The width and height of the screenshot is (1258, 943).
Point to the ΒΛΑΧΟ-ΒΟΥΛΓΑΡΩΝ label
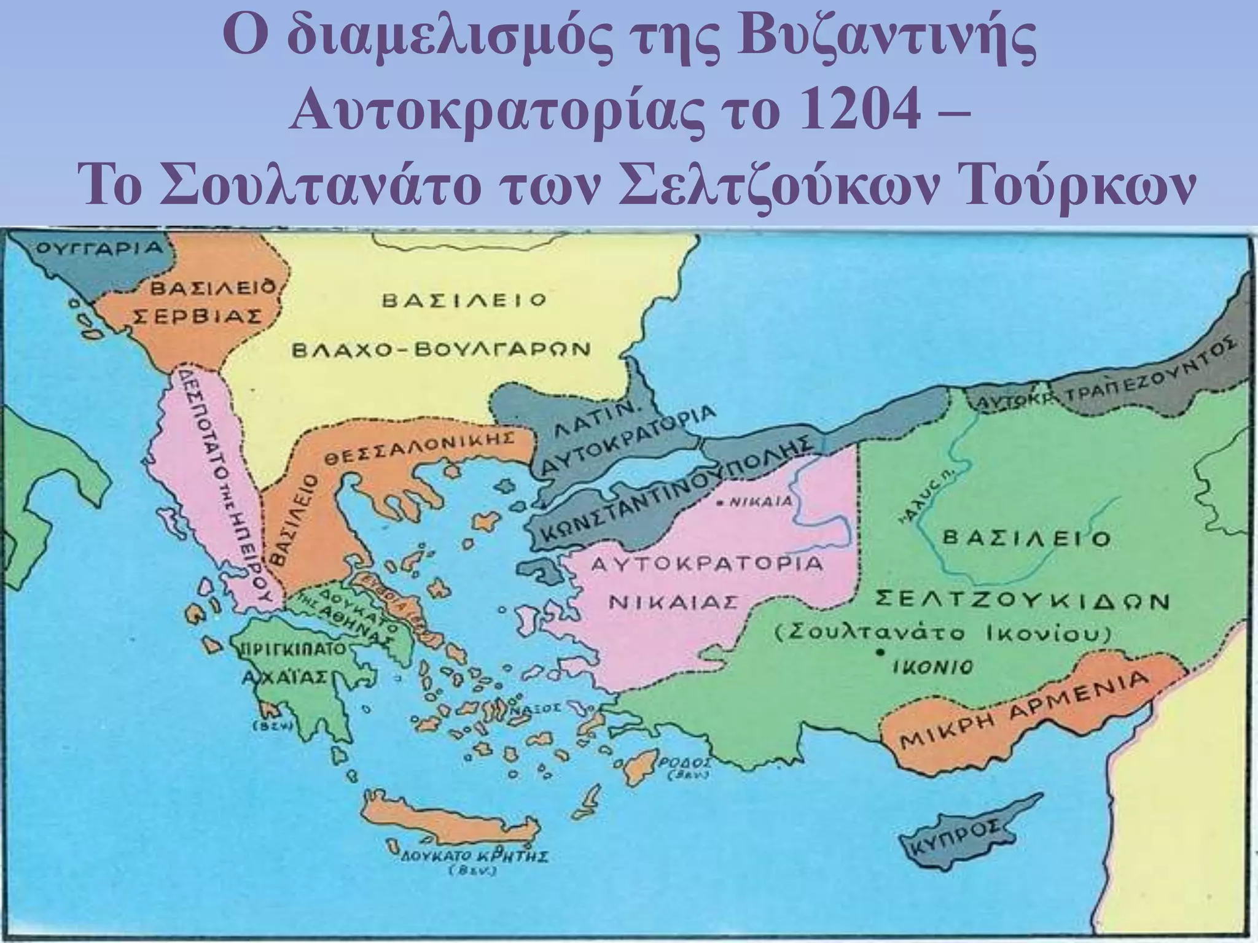tap(440, 350)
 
